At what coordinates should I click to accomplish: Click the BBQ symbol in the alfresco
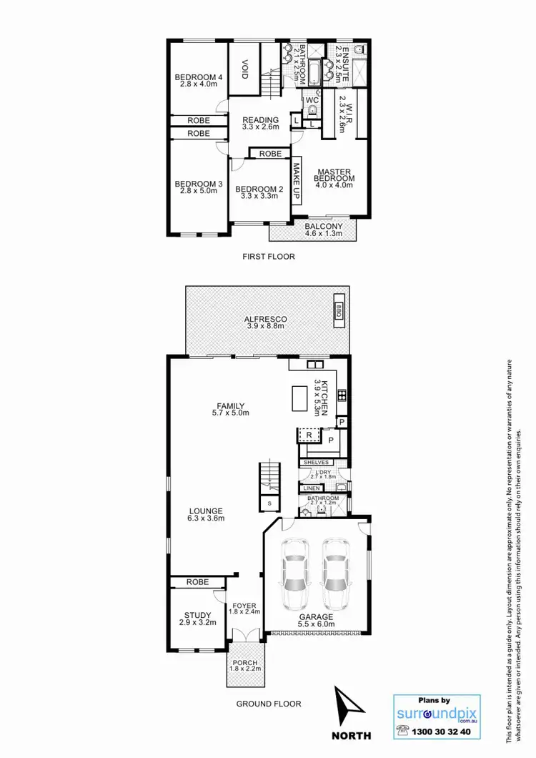click(x=339, y=311)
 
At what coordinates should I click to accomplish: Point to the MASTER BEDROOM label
click(x=332, y=175)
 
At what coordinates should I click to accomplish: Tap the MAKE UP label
click(x=296, y=182)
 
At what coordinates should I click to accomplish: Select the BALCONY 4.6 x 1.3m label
click(x=323, y=229)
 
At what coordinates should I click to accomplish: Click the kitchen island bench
click(x=297, y=399)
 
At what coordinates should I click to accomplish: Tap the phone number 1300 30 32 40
click(x=443, y=732)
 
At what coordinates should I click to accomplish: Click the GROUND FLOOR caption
click(x=269, y=704)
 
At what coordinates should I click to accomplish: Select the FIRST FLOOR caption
click(x=268, y=256)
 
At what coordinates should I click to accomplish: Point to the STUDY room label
click(x=197, y=616)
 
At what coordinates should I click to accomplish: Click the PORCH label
click(x=245, y=666)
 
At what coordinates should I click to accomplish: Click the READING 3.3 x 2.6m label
click(x=259, y=124)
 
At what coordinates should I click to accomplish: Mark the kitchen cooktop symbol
click(x=342, y=394)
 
